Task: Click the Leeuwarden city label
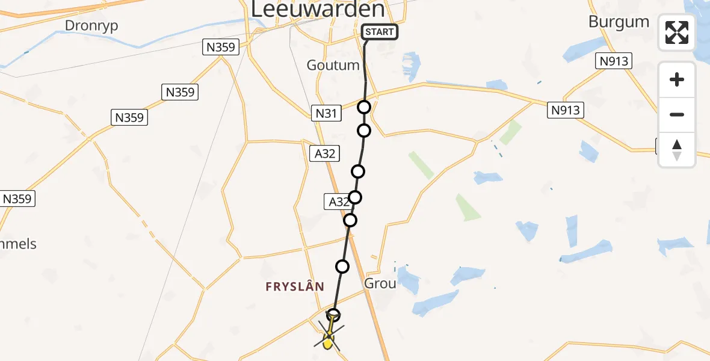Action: tap(316, 10)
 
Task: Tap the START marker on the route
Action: tap(379, 32)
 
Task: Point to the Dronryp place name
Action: tap(91, 25)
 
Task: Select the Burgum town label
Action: tap(619, 22)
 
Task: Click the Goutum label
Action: tap(333, 65)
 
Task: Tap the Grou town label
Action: tap(380, 283)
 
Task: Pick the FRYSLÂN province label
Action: tap(295, 288)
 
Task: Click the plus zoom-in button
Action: tap(677, 79)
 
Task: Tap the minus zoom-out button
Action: tap(677, 114)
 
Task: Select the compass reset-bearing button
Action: tap(677, 150)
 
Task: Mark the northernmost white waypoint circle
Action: tap(364, 108)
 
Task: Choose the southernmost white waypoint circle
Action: tap(333, 315)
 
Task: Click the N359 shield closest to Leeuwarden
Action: tap(221, 48)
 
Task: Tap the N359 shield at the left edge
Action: tap(17, 199)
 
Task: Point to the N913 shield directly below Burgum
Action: tap(614, 60)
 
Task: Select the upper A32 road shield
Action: tap(324, 153)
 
